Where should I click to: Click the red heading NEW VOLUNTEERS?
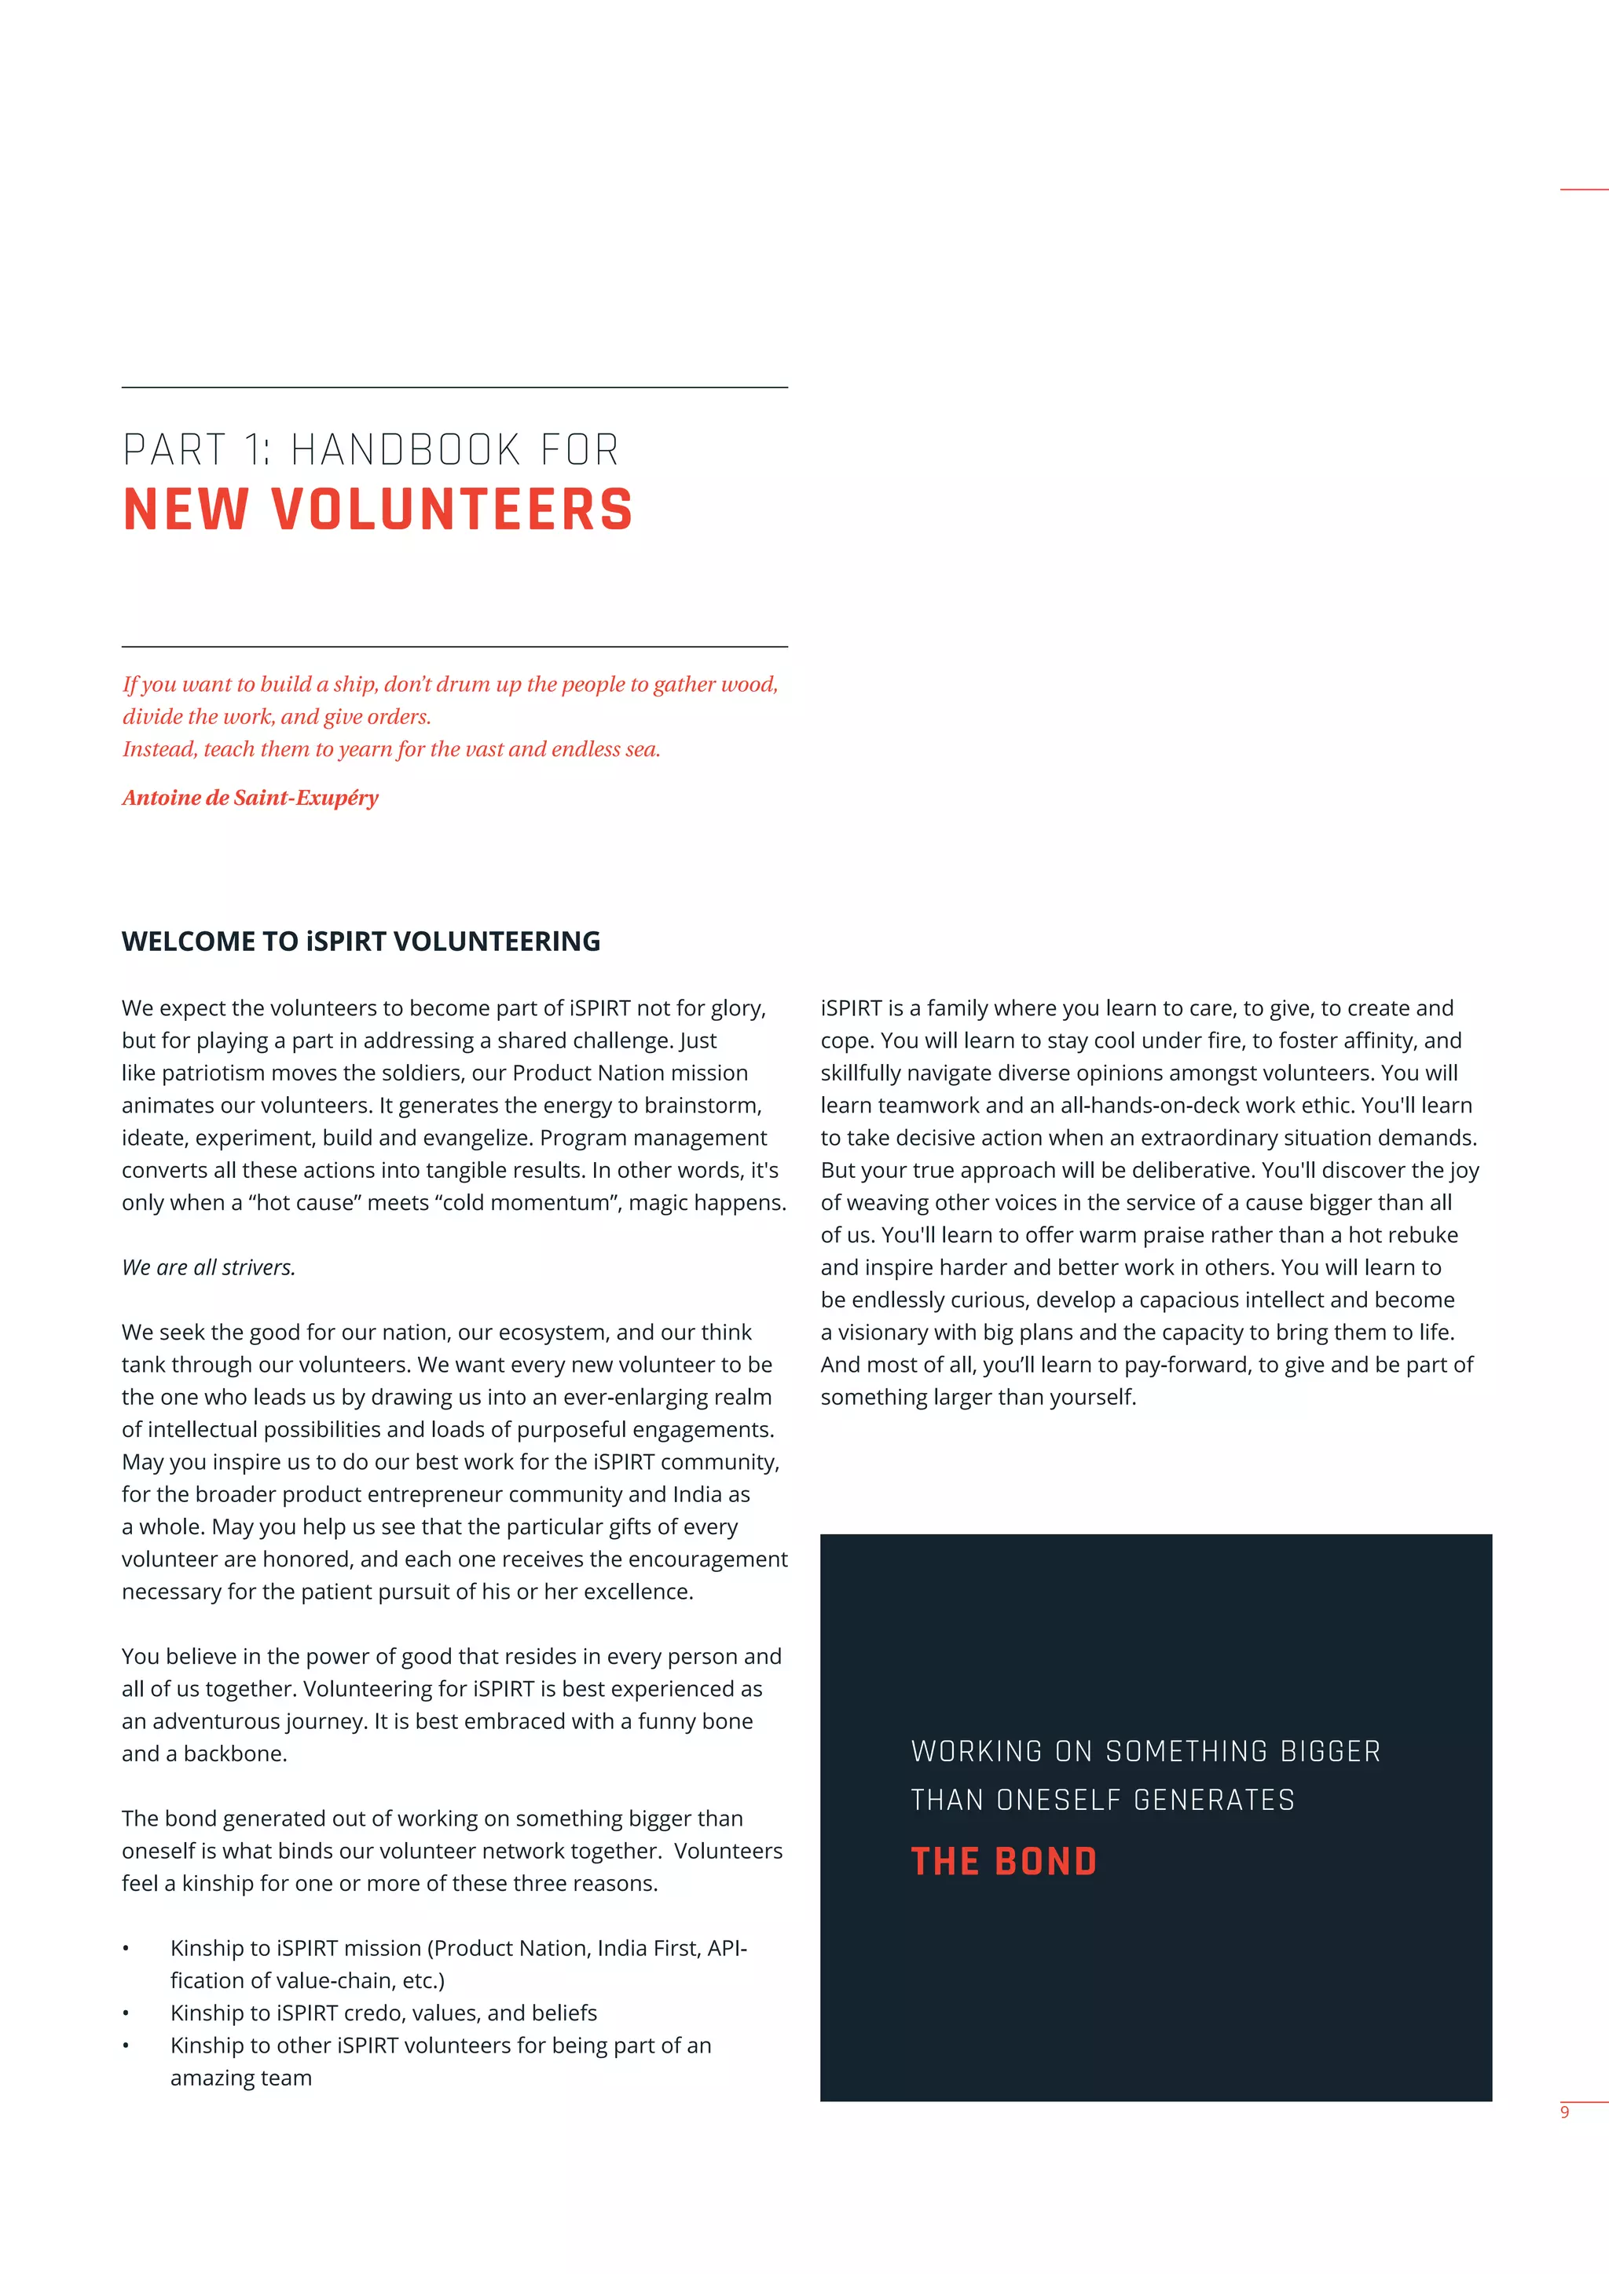(377, 510)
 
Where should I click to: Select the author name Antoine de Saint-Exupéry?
(250, 797)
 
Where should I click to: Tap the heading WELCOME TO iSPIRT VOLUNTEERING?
(361, 941)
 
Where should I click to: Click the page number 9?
(1564, 2111)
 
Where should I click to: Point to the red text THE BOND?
(1002, 1861)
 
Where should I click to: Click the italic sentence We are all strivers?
(208, 1267)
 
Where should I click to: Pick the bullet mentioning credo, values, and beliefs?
(383, 2013)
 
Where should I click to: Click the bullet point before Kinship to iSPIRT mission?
(126, 1949)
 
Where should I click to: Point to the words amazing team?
(240, 2078)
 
